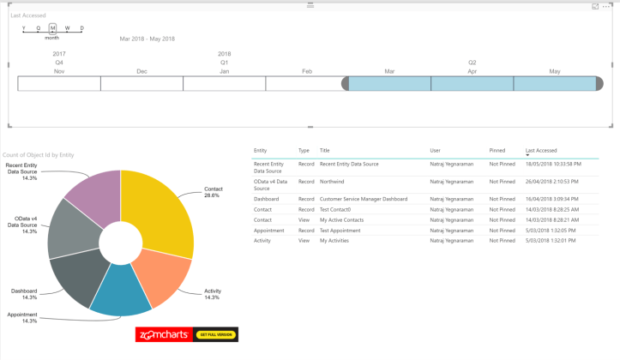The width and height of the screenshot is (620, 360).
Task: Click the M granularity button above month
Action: [52, 28]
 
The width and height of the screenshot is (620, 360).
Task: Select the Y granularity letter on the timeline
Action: [24, 28]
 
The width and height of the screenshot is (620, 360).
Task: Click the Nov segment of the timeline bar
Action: [59, 83]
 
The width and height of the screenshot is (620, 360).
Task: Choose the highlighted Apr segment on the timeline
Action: [472, 83]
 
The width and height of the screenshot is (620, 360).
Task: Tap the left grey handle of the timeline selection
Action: [346, 83]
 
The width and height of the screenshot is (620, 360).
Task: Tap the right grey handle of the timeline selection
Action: [599, 83]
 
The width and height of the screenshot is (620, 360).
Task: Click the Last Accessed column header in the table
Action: [541, 150]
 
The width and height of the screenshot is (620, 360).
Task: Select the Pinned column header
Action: [497, 150]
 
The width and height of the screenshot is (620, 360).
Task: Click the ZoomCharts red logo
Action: [164, 334]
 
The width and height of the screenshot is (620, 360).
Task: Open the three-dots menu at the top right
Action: [607, 6]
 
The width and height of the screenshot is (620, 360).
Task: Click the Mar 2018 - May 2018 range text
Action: [147, 39]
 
